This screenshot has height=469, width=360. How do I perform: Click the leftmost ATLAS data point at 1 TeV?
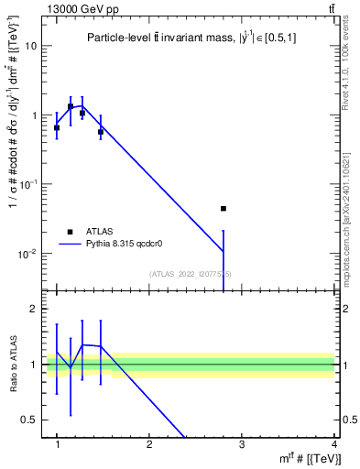tap(57, 128)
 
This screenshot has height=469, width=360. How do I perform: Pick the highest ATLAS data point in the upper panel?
tap(71, 106)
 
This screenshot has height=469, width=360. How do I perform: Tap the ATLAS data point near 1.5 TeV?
tap(101, 132)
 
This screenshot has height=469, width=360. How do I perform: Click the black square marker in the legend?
tap(70, 232)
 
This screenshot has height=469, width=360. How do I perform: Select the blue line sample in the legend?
tap(70, 244)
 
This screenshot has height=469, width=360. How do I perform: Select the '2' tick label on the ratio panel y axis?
tap(38, 310)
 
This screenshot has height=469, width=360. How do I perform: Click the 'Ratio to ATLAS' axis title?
tap(14, 365)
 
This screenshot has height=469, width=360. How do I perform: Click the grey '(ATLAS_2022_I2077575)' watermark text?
tap(191, 274)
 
